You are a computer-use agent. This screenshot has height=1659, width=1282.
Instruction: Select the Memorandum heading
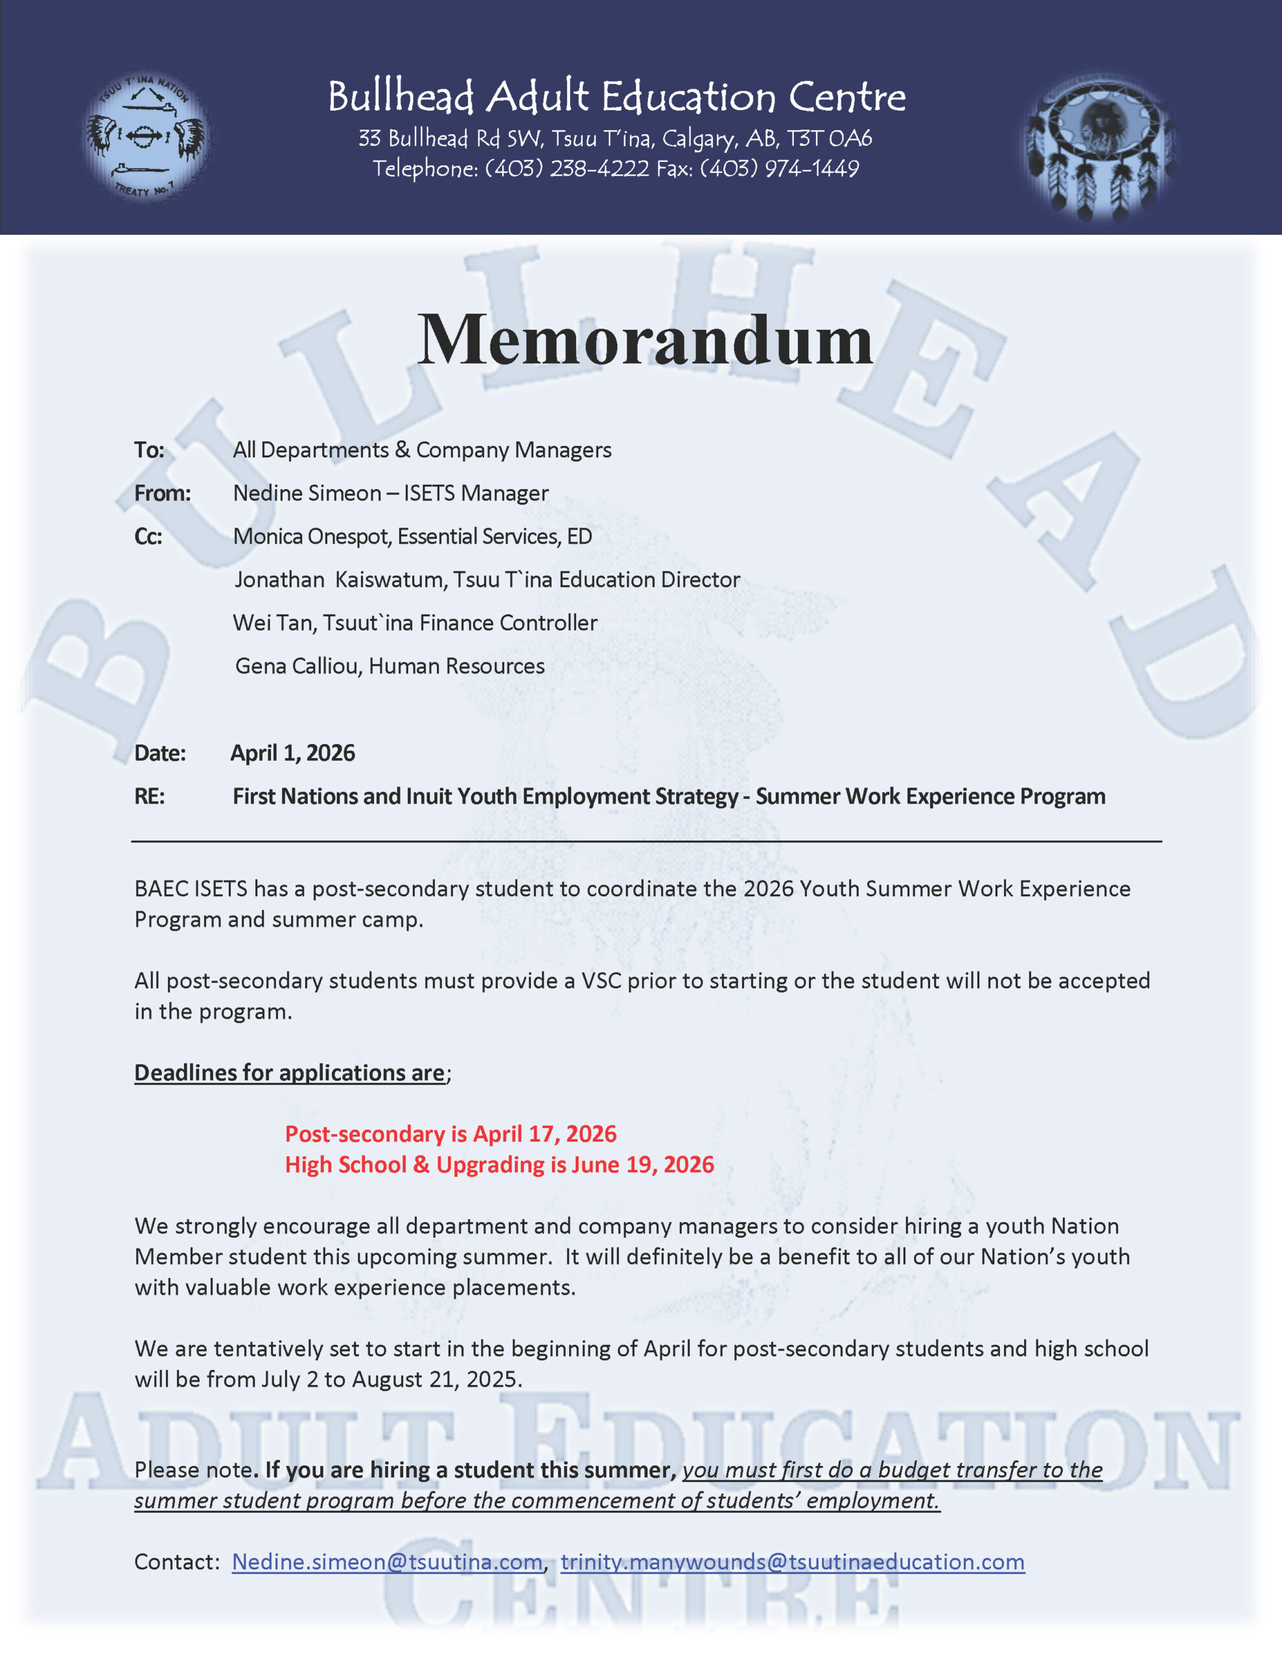point(645,340)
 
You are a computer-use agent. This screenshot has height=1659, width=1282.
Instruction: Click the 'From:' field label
point(163,494)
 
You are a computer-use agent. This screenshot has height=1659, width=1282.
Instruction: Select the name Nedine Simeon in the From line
point(307,494)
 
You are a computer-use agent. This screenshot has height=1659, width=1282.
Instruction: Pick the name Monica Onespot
point(311,537)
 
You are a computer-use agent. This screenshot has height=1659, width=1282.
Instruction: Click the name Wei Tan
point(274,623)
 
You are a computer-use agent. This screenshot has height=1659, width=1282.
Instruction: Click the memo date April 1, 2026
point(292,754)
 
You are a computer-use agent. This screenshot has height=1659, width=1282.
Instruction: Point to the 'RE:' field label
point(150,797)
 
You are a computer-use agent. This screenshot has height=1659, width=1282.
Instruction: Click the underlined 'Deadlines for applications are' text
point(290,1073)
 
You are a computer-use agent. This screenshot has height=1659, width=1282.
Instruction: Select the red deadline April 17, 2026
point(544,1134)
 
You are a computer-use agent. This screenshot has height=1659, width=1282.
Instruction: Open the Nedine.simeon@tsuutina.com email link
point(387,1562)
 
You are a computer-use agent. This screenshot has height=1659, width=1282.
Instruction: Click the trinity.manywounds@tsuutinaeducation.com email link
point(793,1562)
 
